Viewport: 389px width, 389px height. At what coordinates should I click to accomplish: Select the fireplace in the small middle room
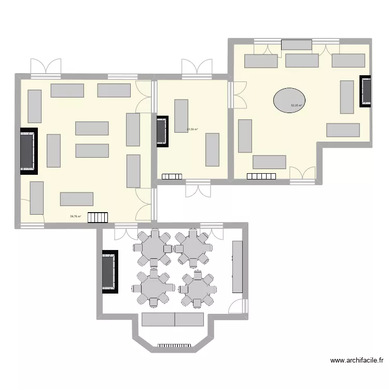(162, 131)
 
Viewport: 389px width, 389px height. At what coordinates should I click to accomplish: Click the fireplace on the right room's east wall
(366, 91)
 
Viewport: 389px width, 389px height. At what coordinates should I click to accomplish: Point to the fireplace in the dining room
(109, 272)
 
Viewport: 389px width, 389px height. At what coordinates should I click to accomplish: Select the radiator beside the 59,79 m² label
(98, 217)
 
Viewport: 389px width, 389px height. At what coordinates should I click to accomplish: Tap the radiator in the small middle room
(172, 176)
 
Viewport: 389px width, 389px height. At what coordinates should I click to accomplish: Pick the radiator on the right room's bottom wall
(261, 176)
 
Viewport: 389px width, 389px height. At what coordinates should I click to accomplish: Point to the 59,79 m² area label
(75, 217)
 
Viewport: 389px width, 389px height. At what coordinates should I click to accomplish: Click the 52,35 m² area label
(297, 105)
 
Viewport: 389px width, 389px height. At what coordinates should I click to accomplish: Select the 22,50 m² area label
(192, 129)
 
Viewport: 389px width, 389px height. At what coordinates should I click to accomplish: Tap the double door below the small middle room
(198, 189)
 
